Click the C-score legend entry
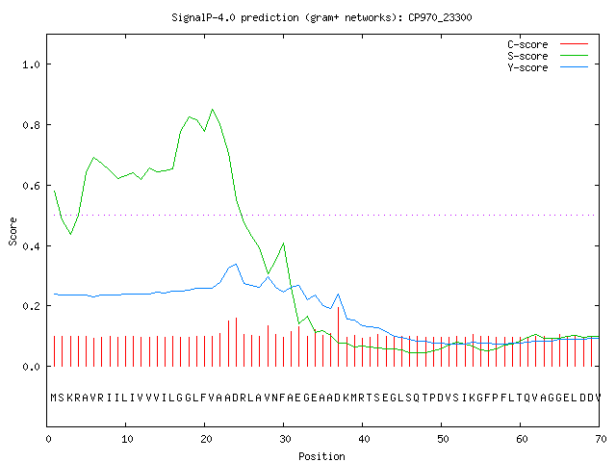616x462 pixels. coord(548,44)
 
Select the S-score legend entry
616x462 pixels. coord(548,56)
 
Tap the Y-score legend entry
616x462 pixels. coord(548,67)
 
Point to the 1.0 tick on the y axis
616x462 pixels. coord(31,64)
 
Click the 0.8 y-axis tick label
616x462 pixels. coord(31,125)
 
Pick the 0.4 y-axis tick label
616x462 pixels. coord(31,246)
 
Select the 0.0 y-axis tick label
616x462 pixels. coord(31,367)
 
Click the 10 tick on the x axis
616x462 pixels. coord(127,439)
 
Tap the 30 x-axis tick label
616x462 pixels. coord(285,439)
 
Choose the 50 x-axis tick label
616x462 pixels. coord(443,439)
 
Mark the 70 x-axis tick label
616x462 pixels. coord(601,439)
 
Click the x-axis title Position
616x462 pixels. coord(321,456)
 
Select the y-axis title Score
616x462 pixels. coord(13,231)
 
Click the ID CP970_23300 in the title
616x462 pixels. coord(440,17)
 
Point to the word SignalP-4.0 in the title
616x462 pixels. coord(203,17)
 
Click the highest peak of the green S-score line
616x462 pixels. coord(213,109)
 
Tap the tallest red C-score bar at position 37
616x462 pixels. coord(338,337)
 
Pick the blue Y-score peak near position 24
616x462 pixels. coord(236,264)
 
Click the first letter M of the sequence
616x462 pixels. coord(54,398)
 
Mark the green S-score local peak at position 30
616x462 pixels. coord(283,244)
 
